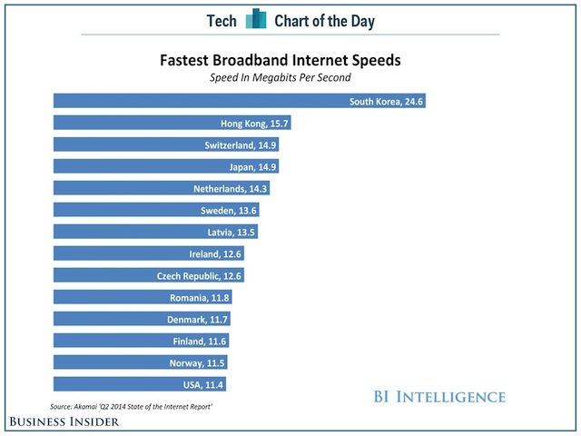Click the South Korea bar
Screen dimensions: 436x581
pos(239,101)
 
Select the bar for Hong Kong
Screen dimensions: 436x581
pos(172,123)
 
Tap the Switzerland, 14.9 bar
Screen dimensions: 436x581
pos(165,144)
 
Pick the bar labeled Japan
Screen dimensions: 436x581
pos(165,166)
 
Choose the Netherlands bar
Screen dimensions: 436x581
pos(161,188)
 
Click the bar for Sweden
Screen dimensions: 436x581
pos(155,210)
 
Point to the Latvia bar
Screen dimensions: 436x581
pos(154,232)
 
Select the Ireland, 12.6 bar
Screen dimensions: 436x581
pos(148,253)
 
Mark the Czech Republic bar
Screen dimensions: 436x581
pos(148,275)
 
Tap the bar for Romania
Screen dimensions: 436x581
pos(142,297)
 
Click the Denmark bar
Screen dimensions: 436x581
pos(141,319)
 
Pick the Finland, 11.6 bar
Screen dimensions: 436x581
pos(141,341)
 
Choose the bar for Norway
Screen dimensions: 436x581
pos(140,362)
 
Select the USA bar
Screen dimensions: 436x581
pos(139,384)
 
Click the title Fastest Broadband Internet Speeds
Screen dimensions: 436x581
pos(280,62)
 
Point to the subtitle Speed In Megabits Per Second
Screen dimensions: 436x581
pos(280,78)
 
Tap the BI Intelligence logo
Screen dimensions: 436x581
pos(439,396)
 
